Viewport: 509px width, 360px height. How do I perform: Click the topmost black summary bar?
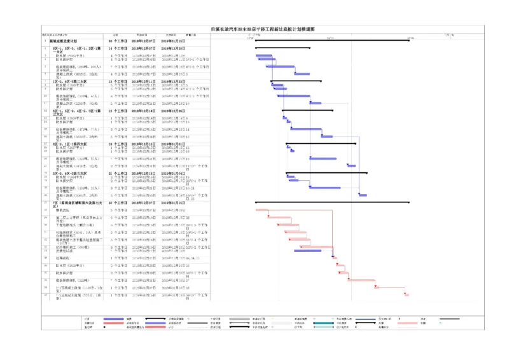[x=331, y=40]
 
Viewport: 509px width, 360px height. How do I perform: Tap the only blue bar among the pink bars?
[x=307, y=251]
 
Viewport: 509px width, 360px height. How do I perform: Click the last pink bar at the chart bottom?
[x=406, y=294]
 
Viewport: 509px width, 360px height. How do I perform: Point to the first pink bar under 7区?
[x=261, y=210]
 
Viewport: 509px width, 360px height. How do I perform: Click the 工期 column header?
[x=115, y=34]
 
